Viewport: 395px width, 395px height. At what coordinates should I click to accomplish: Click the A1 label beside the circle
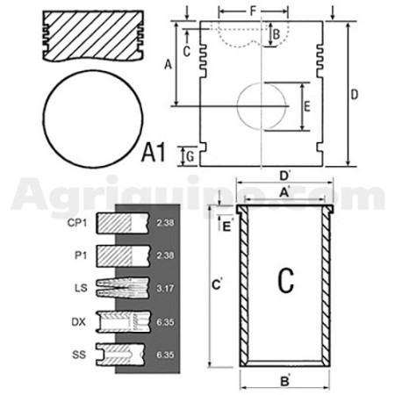click(154, 152)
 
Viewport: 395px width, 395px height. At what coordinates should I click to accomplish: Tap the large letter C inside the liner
click(285, 281)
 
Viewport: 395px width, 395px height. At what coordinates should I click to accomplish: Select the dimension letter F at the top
click(254, 11)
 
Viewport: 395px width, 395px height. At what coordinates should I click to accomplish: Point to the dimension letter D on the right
click(355, 95)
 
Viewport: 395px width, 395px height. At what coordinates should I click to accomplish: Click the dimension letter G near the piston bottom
click(190, 157)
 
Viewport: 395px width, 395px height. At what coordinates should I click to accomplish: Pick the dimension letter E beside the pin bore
click(307, 106)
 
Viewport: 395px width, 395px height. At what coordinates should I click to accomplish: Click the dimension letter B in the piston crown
click(276, 34)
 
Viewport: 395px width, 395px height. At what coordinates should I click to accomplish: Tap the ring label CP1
click(77, 223)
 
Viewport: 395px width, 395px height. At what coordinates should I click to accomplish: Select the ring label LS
click(81, 288)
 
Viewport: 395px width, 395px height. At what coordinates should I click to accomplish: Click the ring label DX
click(79, 322)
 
